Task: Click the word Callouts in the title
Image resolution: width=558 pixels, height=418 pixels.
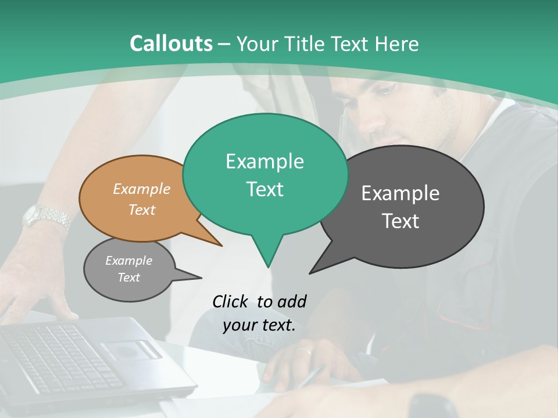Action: (x=171, y=44)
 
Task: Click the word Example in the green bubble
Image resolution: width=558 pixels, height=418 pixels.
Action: (x=264, y=161)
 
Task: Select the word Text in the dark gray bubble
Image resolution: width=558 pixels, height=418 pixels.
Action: (x=400, y=221)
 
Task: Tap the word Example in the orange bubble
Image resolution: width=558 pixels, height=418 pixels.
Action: (x=141, y=189)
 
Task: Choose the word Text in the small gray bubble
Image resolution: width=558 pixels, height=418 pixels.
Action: (x=128, y=278)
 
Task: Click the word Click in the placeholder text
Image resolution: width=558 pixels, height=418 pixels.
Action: (x=231, y=301)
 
